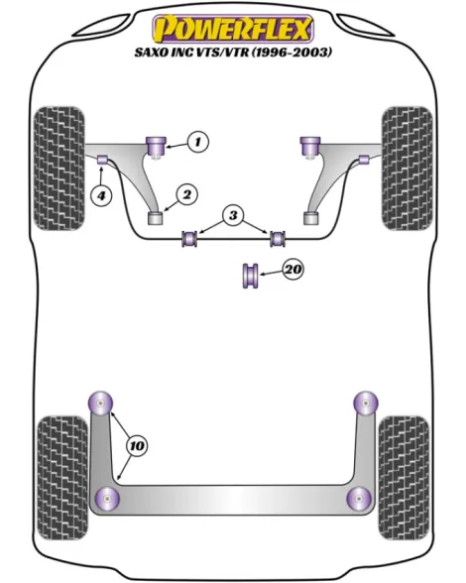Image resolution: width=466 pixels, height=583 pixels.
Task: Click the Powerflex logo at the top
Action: pyautogui.click(x=233, y=29)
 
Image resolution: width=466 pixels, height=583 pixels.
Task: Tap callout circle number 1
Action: pyautogui.click(x=198, y=142)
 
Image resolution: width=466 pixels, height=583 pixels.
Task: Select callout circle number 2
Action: pyautogui.click(x=186, y=194)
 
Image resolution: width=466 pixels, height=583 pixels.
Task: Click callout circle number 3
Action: pyautogui.click(x=233, y=215)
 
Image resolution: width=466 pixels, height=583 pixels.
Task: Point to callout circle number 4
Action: pyautogui.click(x=102, y=194)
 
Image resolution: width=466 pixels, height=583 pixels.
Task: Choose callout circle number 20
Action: pyautogui.click(x=293, y=269)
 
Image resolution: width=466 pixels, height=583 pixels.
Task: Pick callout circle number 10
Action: pyautogui.click(x=137, y=445)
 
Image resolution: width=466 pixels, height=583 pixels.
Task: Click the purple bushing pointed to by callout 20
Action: pyautogui.click(x=250, y=276)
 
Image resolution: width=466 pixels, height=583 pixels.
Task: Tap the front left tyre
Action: pyautogui.click(x=59, y=169)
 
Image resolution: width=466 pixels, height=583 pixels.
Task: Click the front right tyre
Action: pyautogui.click(x=407, y=169)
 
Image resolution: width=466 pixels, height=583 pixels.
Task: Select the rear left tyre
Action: pyautogui.click(x=63, y=478)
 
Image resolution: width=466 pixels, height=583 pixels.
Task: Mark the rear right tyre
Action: pyautogui.click(x=404, y=478)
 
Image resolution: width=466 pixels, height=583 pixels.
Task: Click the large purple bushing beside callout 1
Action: pyautogui.click(x=157, y=146)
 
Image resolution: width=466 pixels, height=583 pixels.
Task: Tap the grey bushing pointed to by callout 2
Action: pyautogui.click(x=156, y=218)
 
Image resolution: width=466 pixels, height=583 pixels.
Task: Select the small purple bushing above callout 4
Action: pyautogui.click(x=102, y=160)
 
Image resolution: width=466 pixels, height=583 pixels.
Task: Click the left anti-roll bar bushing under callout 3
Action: pyautogui.click(x=190, y=239)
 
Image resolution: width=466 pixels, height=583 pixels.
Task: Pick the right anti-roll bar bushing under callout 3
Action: pyautogui.click(x=278, y=238)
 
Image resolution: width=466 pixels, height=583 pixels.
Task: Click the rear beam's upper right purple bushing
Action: pyautogui.click(x=366, y=404)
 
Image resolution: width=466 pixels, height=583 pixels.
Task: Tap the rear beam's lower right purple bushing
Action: pyautogui.click(x=359, y=499)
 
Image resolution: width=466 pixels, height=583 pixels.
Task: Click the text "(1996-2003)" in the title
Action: pyautogui.click(x=291, y=53)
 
